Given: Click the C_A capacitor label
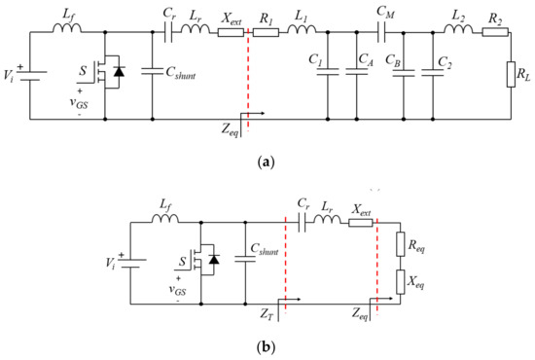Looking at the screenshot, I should (x=368, y=60).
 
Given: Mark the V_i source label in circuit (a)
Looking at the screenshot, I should (x=11, y=74).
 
